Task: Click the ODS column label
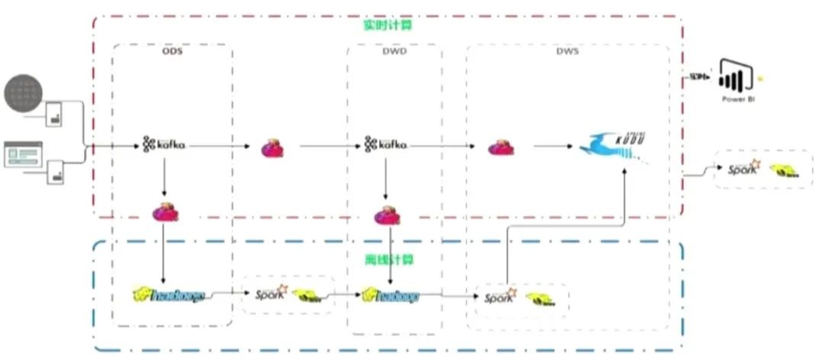pos(172,52)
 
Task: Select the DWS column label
pos(567,52)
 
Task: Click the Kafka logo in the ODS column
pos(164,143)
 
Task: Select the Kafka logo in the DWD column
pos(386,143)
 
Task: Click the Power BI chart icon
pos(736,76)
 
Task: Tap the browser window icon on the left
pos(24,155)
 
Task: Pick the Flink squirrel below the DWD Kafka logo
pos(387,215)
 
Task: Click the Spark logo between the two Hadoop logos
pos(270,293)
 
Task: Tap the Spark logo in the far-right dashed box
pos(743,169)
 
